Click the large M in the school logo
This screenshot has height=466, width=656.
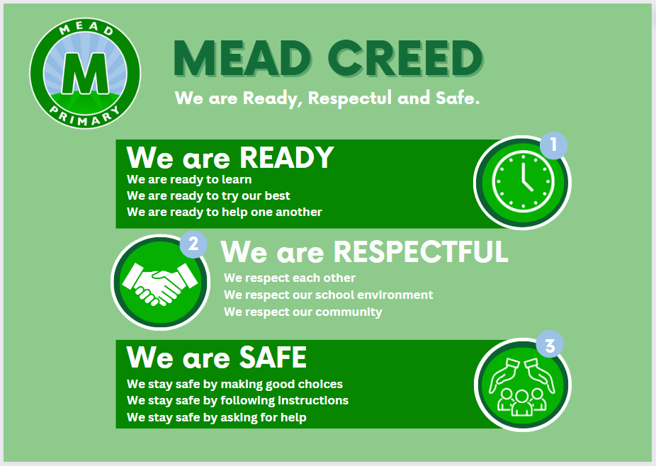coord(85,74)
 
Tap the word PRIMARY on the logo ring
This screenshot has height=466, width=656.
coord(85,117)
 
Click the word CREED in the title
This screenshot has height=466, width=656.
coord(405,58)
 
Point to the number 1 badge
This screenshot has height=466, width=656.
coord(553,145)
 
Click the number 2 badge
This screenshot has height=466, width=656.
coord(193,244)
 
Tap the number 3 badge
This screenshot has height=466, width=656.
coord(550,345)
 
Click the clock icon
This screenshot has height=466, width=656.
coord(523,182)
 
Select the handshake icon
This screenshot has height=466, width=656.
coord(160,283)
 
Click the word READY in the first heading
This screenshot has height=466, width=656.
coord(287,158)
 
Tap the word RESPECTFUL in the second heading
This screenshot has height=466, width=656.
coord(421,252)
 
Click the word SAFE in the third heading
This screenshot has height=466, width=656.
coord(273,357)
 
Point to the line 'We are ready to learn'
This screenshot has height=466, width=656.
coord(189,179)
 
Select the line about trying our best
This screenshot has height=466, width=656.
coord(208,195)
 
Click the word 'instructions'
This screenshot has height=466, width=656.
coord(313,400)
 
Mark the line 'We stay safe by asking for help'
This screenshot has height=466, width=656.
coord(216,417)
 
